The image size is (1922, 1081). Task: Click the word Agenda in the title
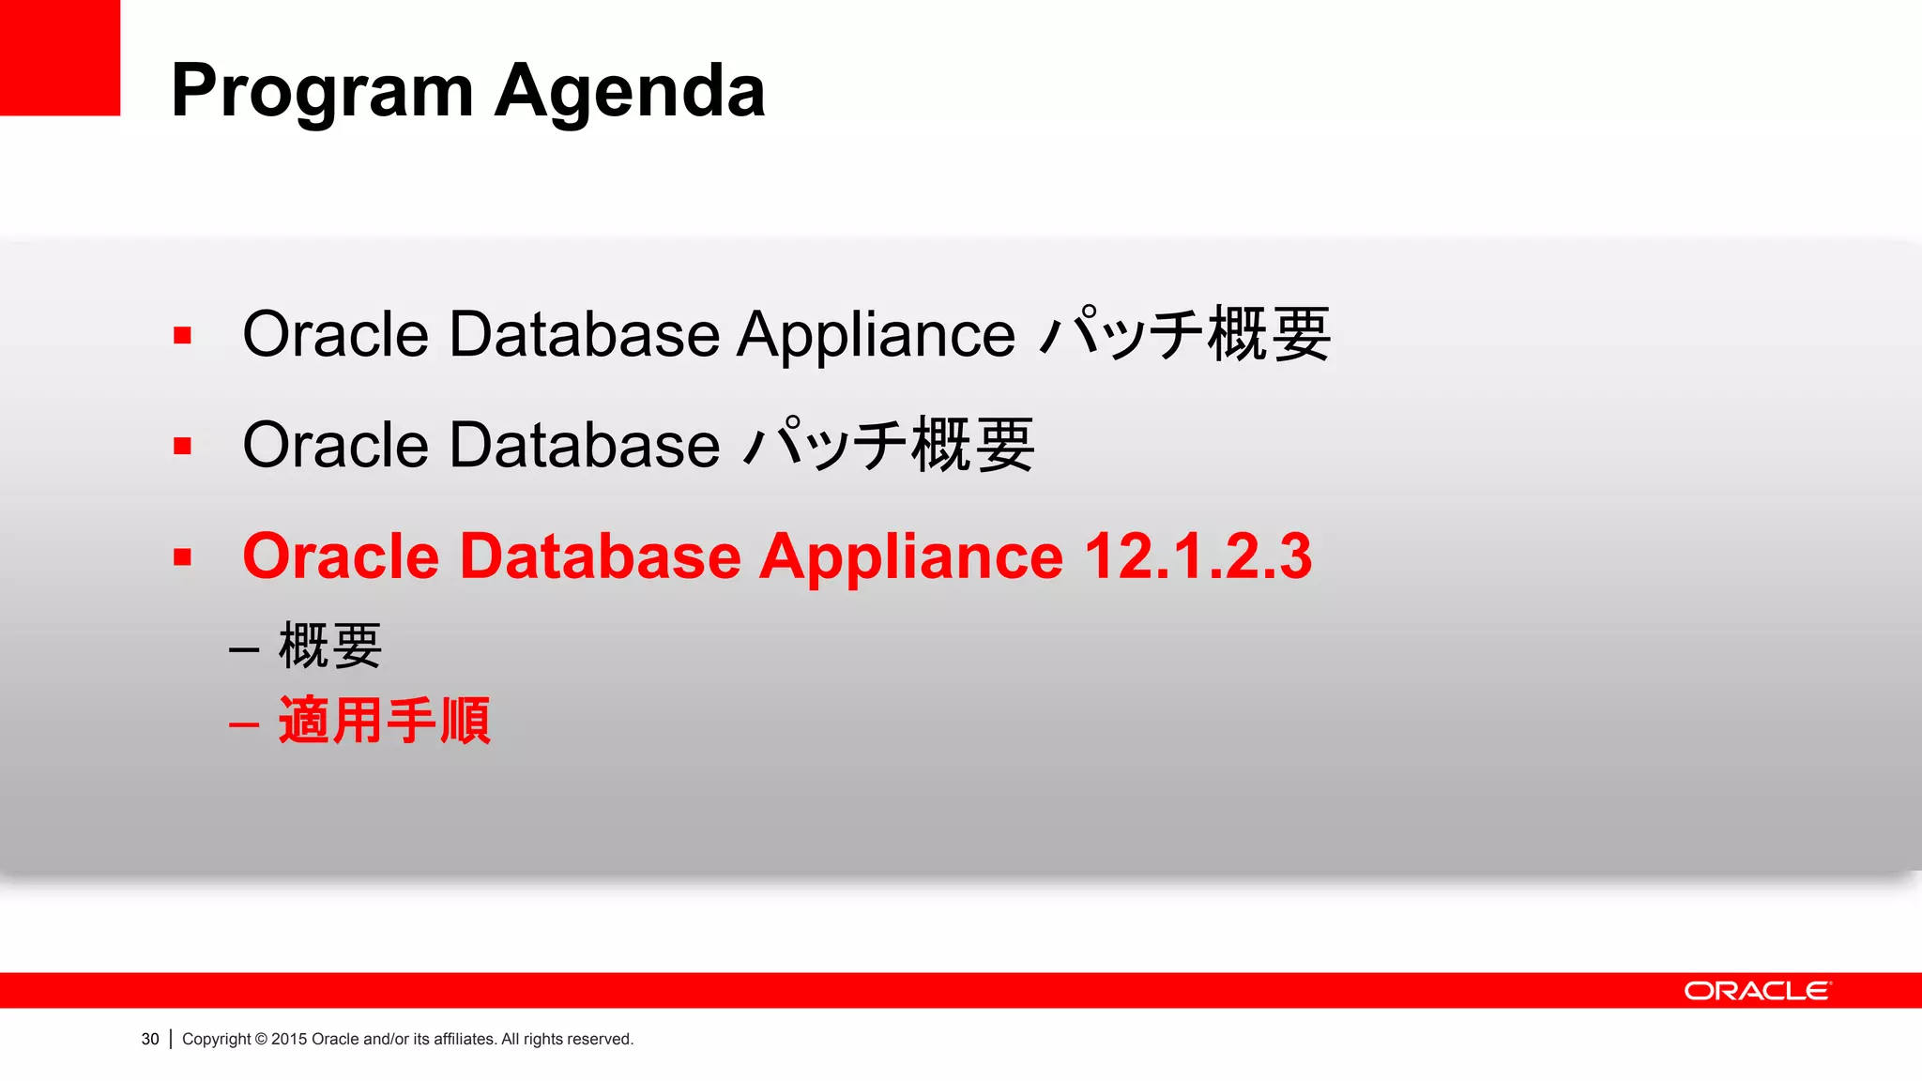pos(630,92)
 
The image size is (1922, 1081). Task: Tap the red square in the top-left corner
pos(59,56)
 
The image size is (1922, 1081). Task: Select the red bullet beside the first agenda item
pos(182,336)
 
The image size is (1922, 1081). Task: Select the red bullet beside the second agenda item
pos(182,446)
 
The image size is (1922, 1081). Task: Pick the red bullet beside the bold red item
pos(182,557)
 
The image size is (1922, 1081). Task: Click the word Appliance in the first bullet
pos(875,335)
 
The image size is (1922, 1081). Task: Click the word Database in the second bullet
pos(584,445)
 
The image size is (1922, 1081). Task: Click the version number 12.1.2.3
pos(1197,556)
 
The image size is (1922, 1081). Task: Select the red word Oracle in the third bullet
pos(341,556)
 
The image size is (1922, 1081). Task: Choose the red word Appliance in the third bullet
pos(910,556)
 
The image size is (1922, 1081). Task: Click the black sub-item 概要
pos(330,646)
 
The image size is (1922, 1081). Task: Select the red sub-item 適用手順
pos(385,721)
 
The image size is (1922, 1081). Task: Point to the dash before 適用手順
pos(244,724)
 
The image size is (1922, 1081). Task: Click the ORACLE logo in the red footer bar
pos(1757,991)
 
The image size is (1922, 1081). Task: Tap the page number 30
pos(150,1039)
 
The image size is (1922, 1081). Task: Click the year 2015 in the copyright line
pos(289,1039)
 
